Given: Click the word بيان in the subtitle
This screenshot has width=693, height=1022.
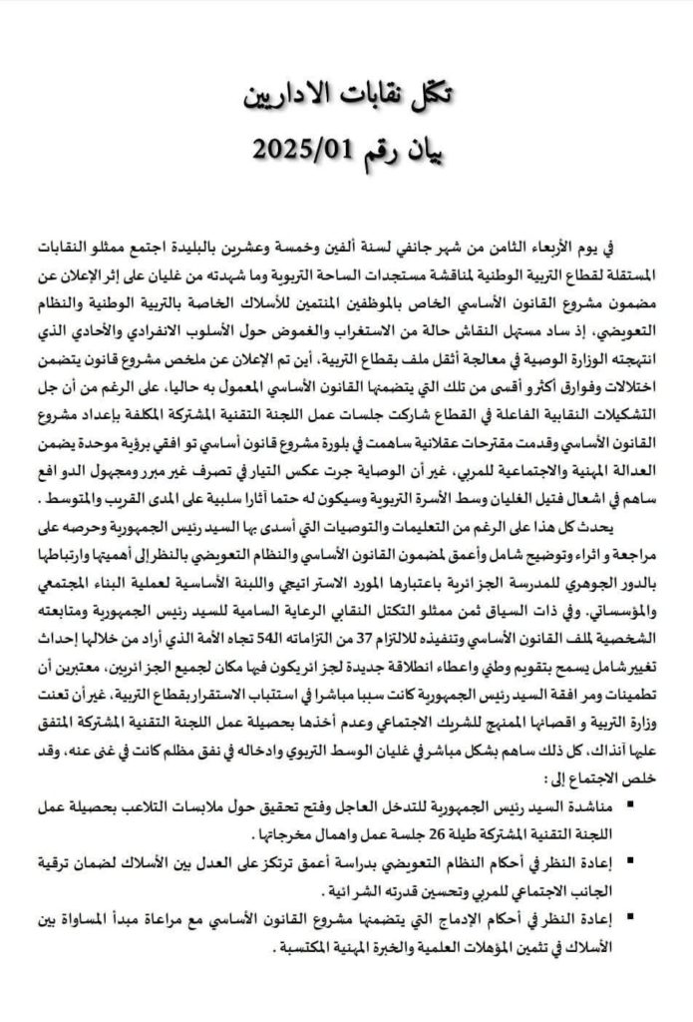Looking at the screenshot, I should click(419, 152).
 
